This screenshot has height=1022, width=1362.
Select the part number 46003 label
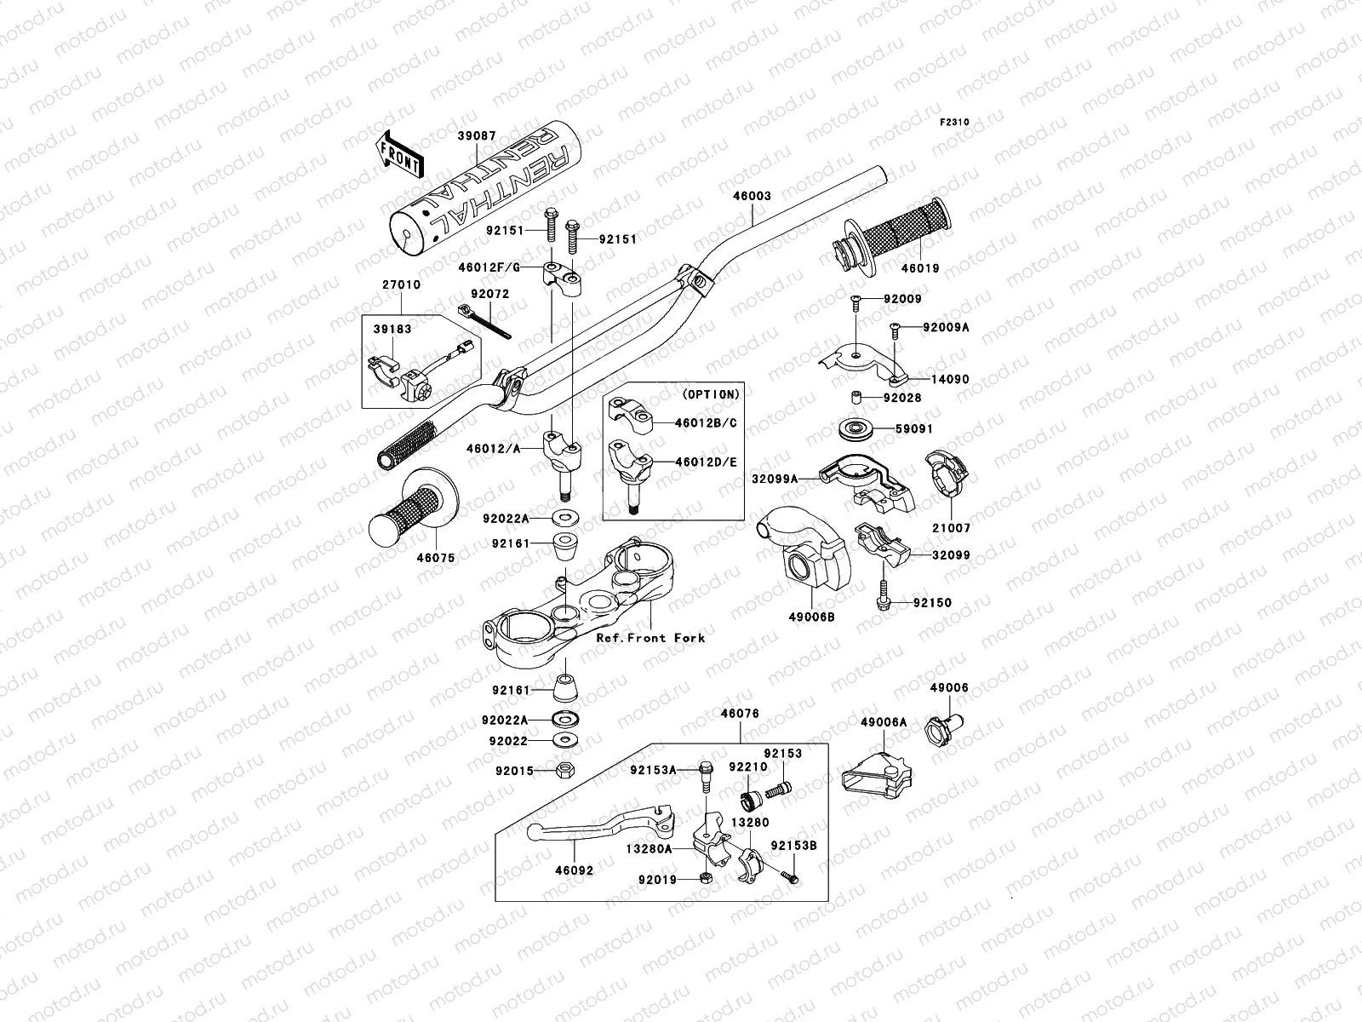(x=752, y=196)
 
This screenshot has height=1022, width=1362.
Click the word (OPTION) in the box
(x=711, y=394)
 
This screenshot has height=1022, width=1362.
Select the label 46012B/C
(x=707, y=422)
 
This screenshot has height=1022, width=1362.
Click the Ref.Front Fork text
(x=650, y=637)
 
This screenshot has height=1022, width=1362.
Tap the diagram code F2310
(x=955, y=123)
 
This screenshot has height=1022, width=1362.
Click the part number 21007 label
(x=950, y=528)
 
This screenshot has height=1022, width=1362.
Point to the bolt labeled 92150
(x=882, y=594)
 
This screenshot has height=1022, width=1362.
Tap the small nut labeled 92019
(x=705, y=878)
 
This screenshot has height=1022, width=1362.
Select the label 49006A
(x=883, y=722)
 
